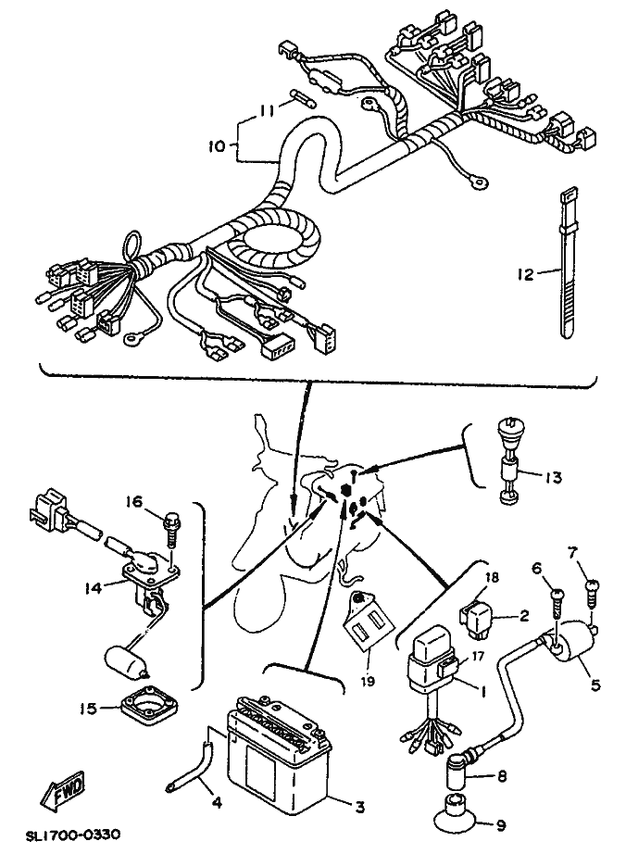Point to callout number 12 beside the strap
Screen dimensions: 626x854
[526, 274]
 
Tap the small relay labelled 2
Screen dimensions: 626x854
[479, 618]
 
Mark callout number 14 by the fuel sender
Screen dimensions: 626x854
[94, 587]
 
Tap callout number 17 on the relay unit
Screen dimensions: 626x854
[478, 657]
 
